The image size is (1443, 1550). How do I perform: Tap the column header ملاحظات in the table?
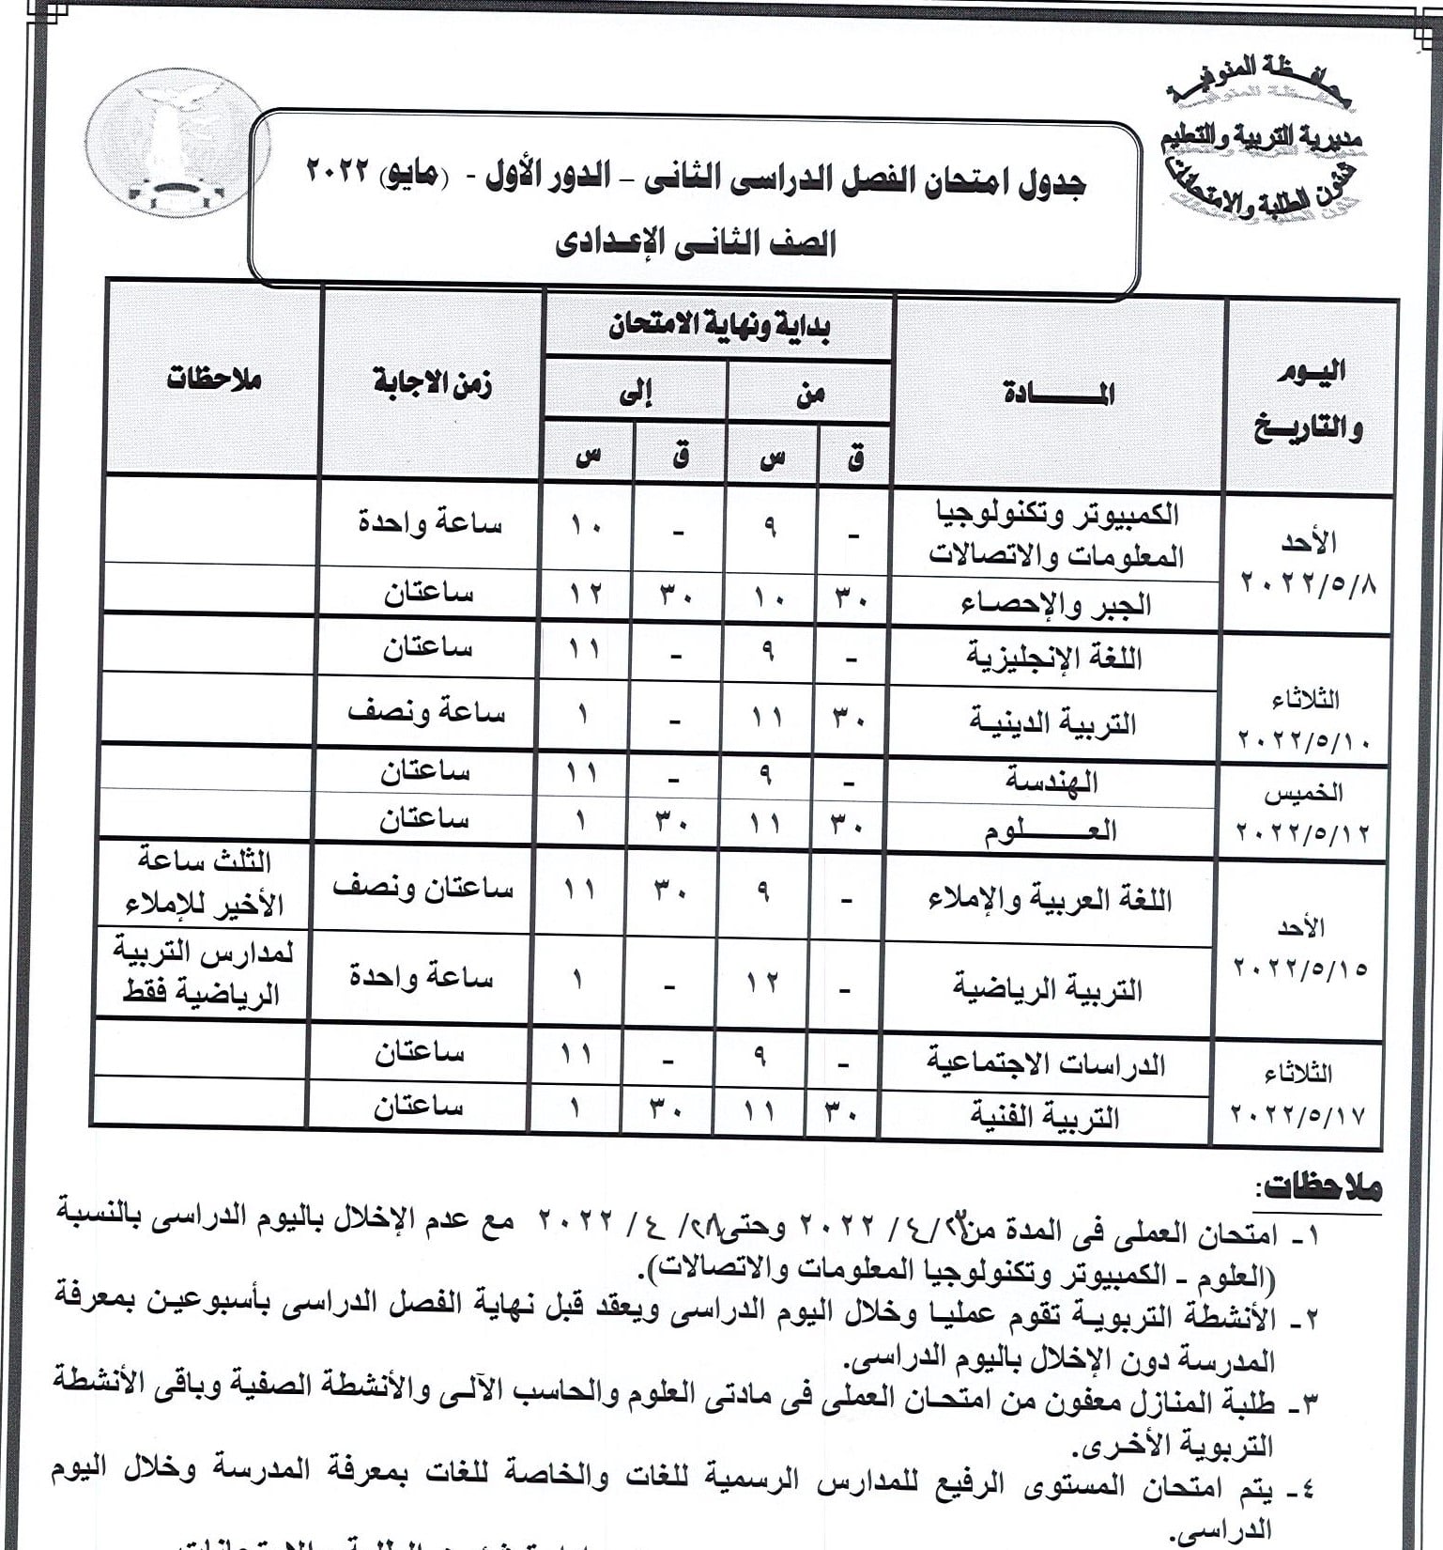[213, 380]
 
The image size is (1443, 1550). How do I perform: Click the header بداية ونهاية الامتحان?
[718, 327]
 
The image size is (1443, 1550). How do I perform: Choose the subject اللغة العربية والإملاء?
[1049, 899]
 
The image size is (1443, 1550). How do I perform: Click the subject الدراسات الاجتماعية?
[1046, 1063]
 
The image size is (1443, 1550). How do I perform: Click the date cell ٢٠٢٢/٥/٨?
[1308, 583]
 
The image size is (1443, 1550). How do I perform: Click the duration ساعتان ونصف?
[423, 889]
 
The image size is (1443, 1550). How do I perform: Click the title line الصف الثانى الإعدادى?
[695, 244]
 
